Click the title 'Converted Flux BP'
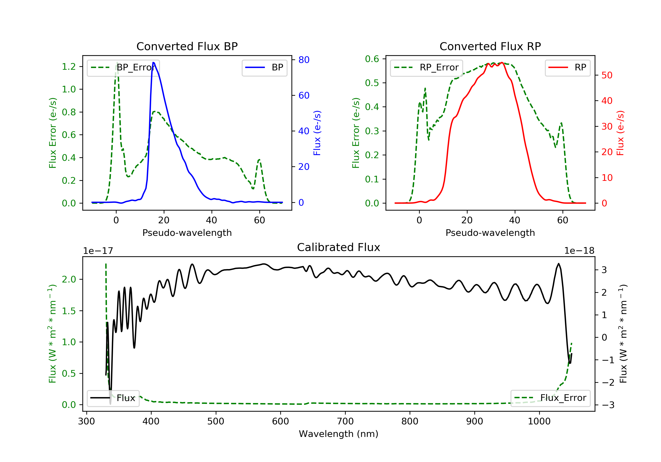click(x=187, y=46)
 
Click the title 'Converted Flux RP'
click(x=490, y=46)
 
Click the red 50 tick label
click(x=607, y=75)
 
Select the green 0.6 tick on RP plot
click(x=372, y=59)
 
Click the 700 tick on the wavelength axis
click(x=345, y=422)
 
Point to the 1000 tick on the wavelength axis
click(x=539, y=422)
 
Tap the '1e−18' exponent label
click(x=579, y=251)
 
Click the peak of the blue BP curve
click(x=153, y=62)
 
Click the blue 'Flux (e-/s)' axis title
click(x=317, y=133)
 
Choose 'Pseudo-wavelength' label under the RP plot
click(x=490, y=233)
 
